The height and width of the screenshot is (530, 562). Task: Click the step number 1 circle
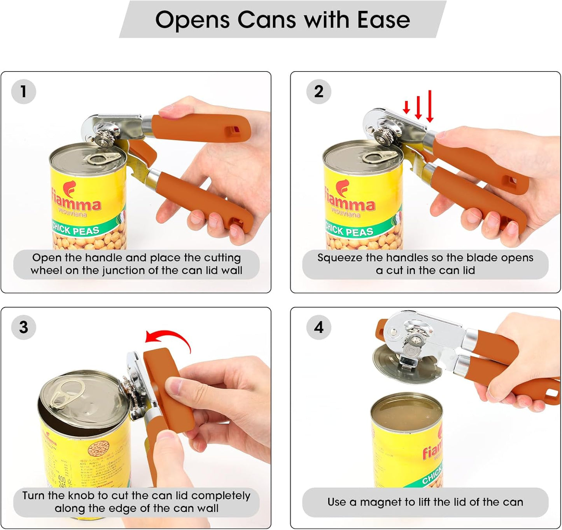click(x=24, y=92)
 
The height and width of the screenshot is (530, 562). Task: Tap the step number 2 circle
click(x=319, y=92)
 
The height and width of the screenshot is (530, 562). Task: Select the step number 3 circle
click(x=24, y=327)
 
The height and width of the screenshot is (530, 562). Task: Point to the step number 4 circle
click(x=319, y=327)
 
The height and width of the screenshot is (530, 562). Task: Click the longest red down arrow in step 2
click(x=430, y=106)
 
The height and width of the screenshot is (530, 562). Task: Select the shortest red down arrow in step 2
click(x=406, y=107)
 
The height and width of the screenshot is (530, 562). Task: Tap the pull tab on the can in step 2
click(x=379, y=157)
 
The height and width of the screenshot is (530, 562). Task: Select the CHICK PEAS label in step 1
click(x=76, y=229)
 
